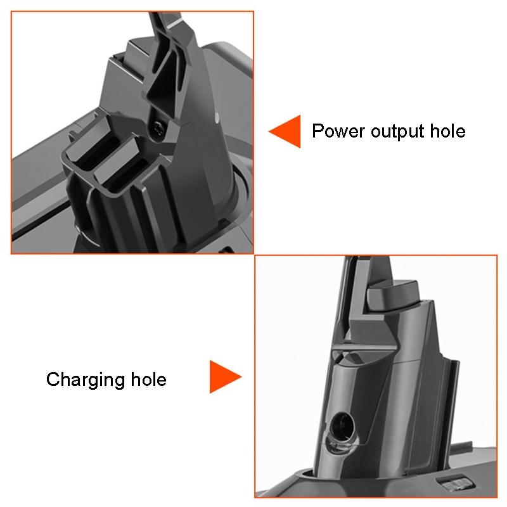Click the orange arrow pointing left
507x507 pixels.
pyautogui.click(x=285, y=132)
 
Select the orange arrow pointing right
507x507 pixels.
pyautogui.click(x=225, y=378)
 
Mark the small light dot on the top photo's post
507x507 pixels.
pyautogui.click(x=217, y=117)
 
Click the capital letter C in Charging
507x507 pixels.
pyautogui.click(x=53, y=380)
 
